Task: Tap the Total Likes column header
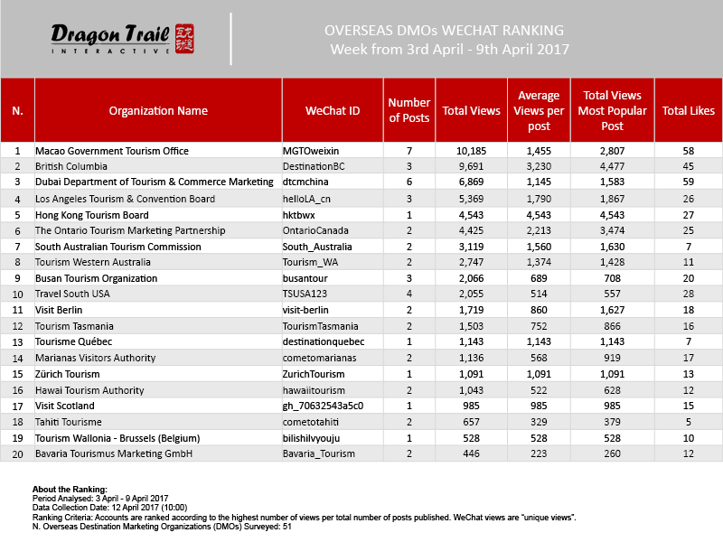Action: click(689, 111)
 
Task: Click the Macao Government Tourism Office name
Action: click(107, 151)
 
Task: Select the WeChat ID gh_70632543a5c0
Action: click(323, 406)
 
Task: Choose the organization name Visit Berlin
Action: click(59, 310)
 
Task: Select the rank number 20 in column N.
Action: click(17, 454)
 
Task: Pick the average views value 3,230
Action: click(539, 166)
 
